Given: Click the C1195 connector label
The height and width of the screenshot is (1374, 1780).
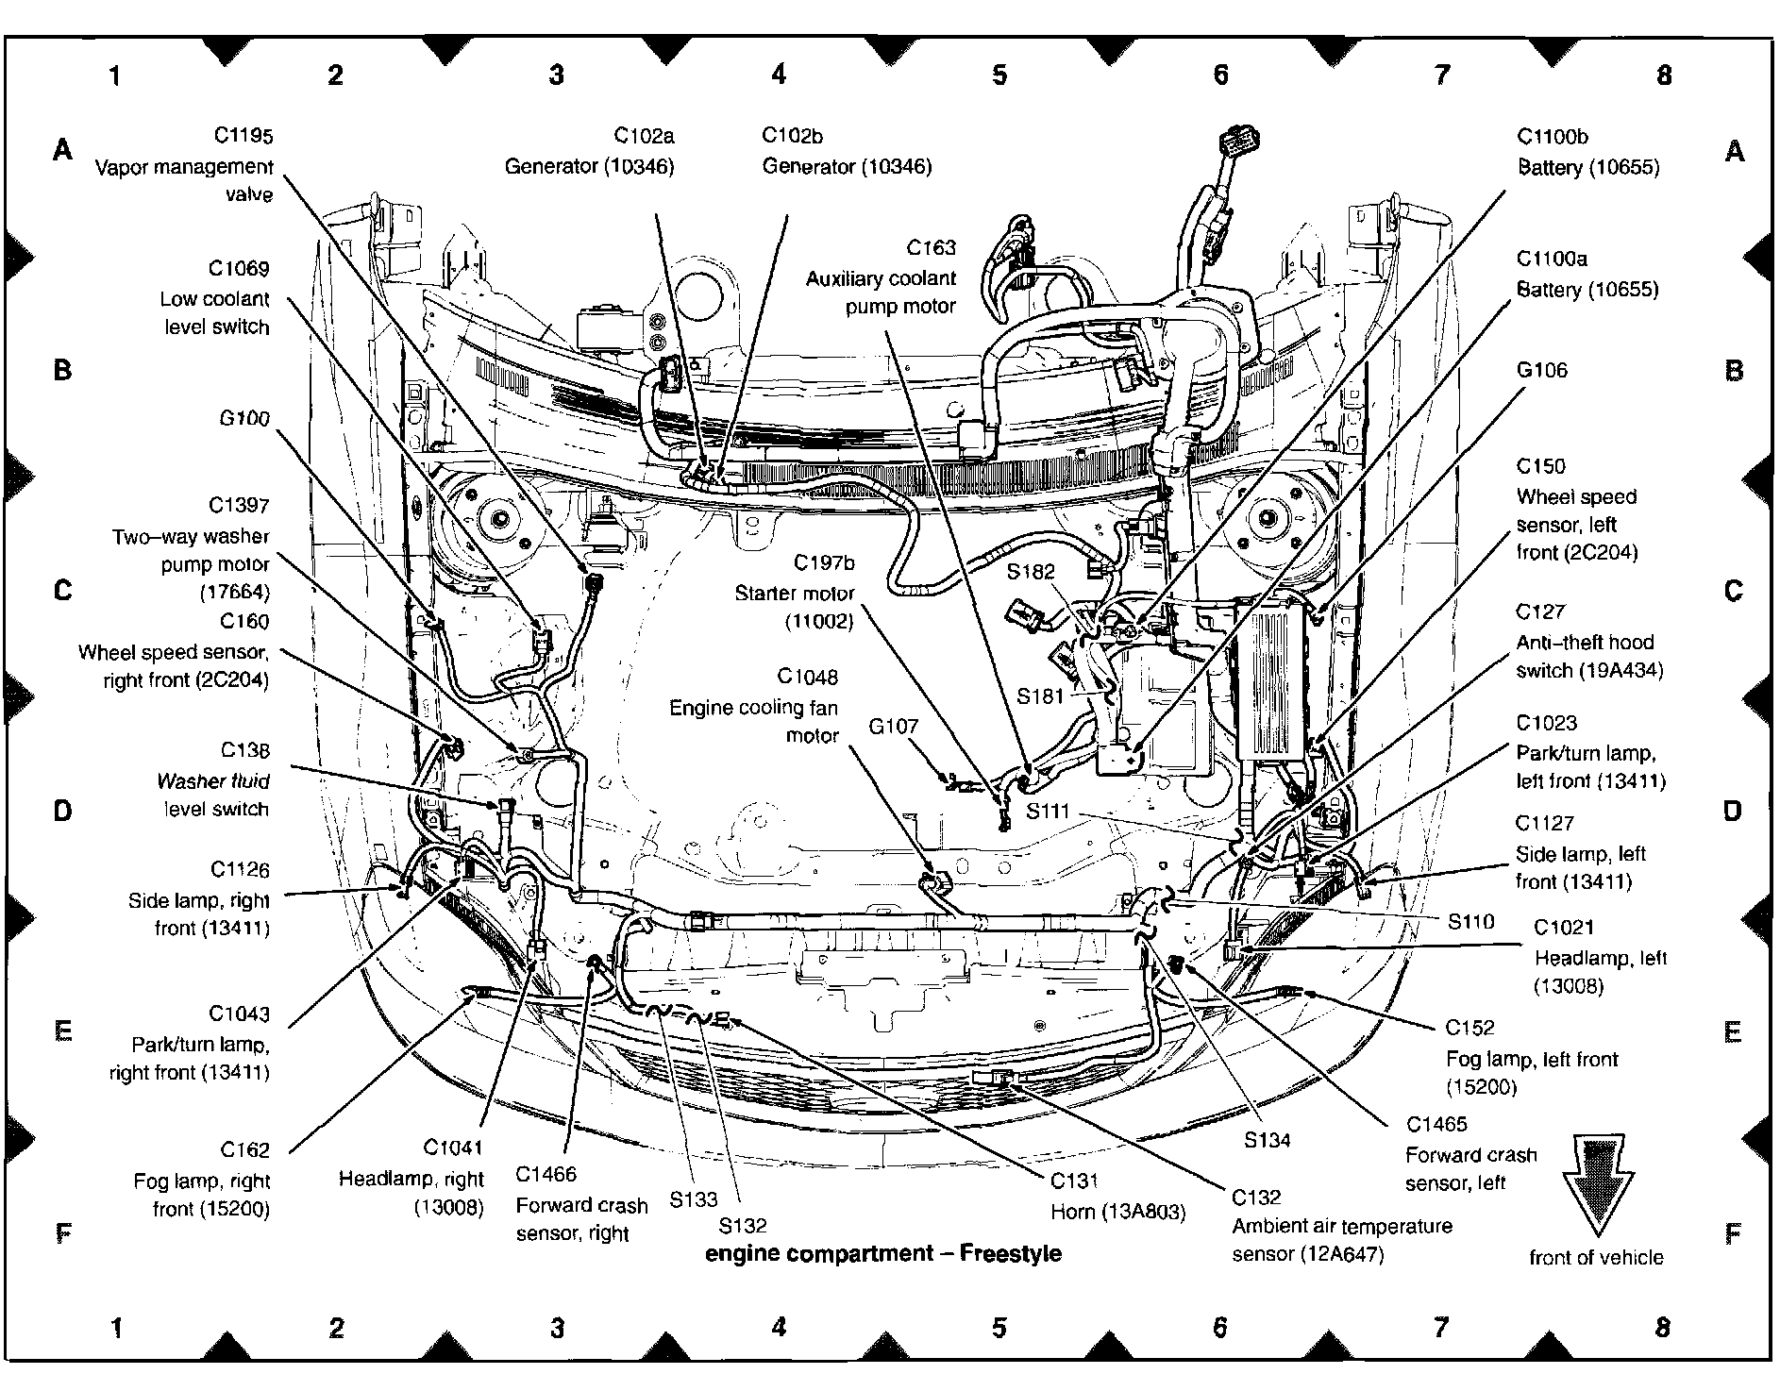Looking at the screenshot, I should tap(243, 137).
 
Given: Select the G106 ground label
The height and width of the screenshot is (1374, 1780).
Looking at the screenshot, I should tap(1541, 370).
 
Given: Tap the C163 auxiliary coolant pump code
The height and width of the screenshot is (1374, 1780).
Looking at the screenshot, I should tap(931, 248).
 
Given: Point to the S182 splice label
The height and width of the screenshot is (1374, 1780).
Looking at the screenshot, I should tap(1030, 572).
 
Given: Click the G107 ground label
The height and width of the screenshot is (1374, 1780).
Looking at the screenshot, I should tap(893, 727).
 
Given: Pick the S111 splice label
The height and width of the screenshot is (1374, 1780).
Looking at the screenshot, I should tap(1048, 811).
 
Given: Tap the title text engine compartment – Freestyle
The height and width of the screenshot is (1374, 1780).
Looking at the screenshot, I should tap(883, 1253).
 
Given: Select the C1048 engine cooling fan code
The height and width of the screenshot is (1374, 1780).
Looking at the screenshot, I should tap(807, 678).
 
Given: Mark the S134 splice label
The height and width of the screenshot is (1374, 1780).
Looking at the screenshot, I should tap(1267, 1140).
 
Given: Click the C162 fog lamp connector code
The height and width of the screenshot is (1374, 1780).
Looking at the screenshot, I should tap(244, 1150).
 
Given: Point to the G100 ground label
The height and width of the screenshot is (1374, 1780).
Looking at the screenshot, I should tap(243, 419).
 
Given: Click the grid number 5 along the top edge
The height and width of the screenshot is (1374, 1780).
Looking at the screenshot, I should tap(999, 75).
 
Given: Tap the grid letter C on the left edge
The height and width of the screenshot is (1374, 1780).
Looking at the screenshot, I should tap(63, 591).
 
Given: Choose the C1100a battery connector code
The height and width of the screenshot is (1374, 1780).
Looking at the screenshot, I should tap(1552, 259).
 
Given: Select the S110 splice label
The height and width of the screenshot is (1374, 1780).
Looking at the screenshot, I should tap(1470, 921).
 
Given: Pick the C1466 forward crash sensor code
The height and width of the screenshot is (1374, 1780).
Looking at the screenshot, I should tap(546, 1175).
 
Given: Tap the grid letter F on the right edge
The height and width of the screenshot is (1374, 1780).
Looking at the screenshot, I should tap(1733, 1233).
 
